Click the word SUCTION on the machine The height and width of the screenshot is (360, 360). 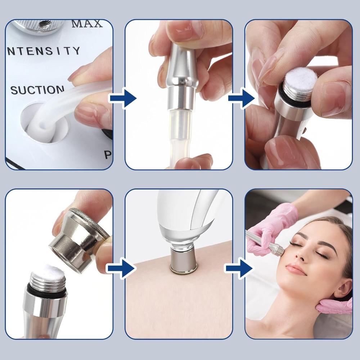tap(37, 89)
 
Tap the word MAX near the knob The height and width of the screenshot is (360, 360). tap(87, 24)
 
